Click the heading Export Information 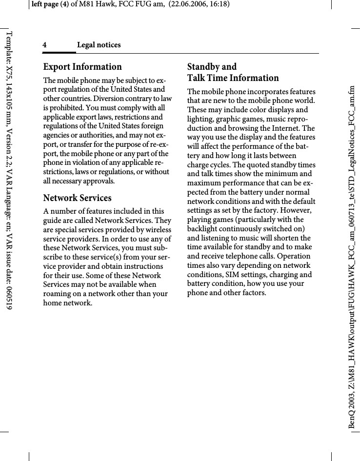point(82,67)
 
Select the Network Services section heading point(77,198)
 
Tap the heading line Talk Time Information point(233,78)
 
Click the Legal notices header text point(99,45)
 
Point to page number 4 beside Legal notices point(44,45)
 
